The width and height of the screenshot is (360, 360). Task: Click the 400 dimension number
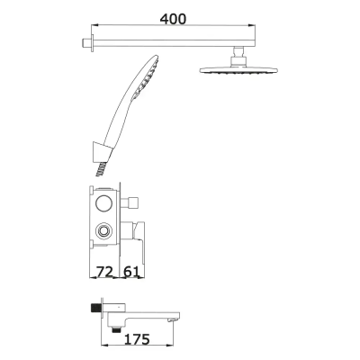pyautogui.click(x=174, y=17)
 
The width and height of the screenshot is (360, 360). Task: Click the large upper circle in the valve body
pyautogui.click(x=104, y=202)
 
